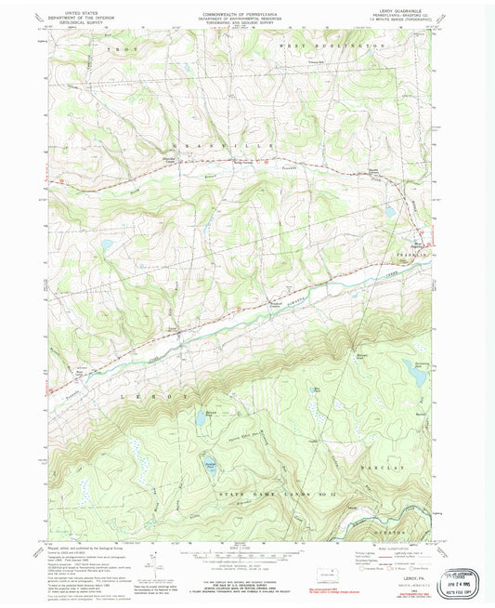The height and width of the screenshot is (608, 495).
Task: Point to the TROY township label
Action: [x=117, y=46]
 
